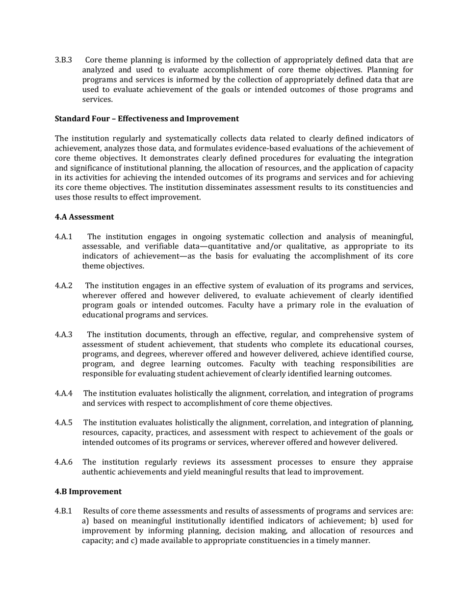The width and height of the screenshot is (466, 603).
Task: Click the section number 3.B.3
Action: pos(63,60)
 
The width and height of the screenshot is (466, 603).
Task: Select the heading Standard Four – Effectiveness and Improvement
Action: pos(147,119)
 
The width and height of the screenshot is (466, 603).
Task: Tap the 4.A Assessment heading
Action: pos(84,217)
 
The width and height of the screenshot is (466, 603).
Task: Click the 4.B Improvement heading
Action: pos(88,491)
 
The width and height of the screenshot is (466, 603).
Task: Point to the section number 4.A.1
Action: pos(64,237)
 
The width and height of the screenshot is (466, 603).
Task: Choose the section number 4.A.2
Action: pos(64,286)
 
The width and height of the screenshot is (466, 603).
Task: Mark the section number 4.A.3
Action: pos(64,335)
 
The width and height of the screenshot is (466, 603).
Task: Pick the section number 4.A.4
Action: pos(64,394)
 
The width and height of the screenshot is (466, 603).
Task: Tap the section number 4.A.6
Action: pos(64,462)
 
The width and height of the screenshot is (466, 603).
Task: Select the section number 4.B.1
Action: pos(64,511)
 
